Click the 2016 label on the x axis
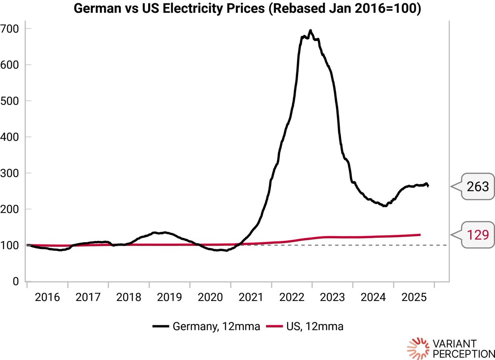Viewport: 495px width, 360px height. (47, 298)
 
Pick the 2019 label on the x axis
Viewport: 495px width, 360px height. (169, 298)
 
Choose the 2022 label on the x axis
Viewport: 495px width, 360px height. (291, 298)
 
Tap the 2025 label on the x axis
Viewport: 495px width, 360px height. (414, 298)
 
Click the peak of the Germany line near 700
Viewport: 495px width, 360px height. (310, 31)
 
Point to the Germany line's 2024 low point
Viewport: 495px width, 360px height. (385, 206)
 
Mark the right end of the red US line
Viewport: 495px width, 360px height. (420, 234)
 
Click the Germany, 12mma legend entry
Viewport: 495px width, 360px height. (206, 327)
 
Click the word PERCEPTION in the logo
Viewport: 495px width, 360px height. (463, 354)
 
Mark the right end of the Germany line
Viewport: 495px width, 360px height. (428, 186)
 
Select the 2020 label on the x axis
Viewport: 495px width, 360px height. (210, 298)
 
